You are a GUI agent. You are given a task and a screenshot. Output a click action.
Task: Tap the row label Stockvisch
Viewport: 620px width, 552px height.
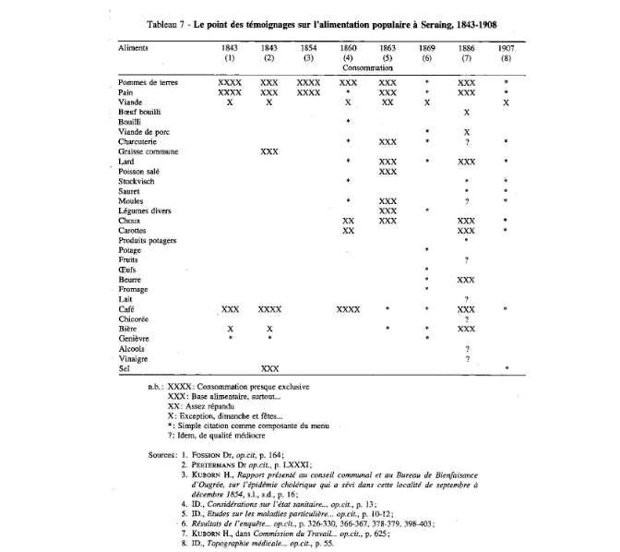(x=137, y=180)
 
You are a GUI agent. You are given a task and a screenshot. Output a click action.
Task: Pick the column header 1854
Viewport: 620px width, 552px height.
(x=308, y=45)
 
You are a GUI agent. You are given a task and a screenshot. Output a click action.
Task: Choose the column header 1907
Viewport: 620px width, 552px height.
(x=507, y=45)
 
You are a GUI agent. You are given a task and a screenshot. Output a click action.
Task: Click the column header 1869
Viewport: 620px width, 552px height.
(x=426, y=45)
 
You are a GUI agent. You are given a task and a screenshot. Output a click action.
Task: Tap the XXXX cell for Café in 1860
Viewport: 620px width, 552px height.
(x=349, y=307)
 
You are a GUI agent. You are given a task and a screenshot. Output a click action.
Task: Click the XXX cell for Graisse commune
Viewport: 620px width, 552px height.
(x=269, y=150)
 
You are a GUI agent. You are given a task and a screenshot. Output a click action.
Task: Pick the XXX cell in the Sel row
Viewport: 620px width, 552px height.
(x=269, y=368)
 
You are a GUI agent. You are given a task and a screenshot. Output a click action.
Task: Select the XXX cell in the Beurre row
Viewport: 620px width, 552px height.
(x=466, y=278)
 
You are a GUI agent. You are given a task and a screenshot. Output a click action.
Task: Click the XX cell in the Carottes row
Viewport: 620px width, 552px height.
(x=349, y=230)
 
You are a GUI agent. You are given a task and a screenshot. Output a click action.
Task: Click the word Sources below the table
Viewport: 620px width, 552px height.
(x=163, y=454)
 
